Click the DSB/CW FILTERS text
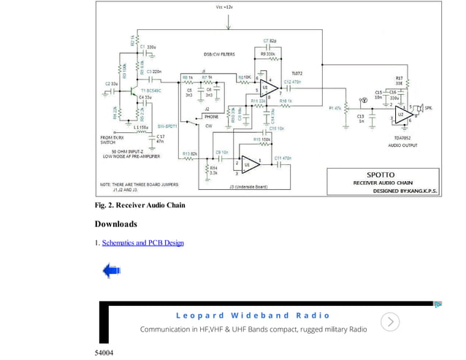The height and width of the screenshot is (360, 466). tap(219, 54)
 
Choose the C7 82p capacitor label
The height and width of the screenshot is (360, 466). tap(270, 40)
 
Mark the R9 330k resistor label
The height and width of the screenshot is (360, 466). tap(268, 54)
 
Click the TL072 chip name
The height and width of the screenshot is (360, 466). tap(297, 74)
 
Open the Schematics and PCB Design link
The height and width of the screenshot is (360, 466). tap(142, 242)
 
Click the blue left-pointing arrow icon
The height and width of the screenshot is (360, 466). tap(111, 272)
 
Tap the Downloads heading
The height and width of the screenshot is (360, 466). tap(115, 223)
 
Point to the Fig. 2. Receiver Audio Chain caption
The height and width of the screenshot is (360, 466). tap(140, 205)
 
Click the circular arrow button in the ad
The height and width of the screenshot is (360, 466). tap(391, 322)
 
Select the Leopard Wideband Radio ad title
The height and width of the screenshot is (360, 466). tap(253, 315)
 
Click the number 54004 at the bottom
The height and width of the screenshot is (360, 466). tap(104, 353)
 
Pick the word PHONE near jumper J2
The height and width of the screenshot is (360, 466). tap(211, 117)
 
